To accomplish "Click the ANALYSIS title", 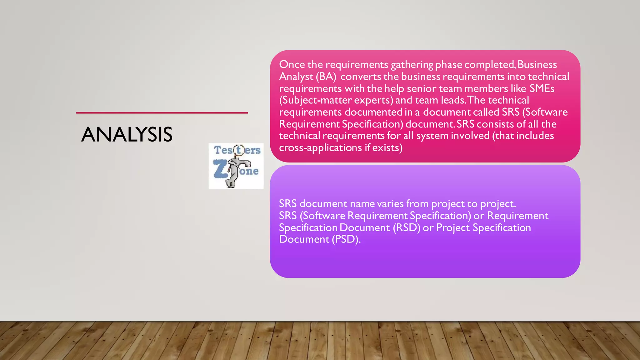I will click(127, 135).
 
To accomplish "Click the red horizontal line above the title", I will click(162, 112).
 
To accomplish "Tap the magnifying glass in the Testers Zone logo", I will click(239, 150).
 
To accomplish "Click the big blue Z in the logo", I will click(220, 169).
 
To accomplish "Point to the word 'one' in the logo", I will click(249, 171).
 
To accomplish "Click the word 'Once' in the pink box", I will click(292, 64).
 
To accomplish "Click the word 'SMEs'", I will click(542, 88).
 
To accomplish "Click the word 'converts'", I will click(361, 77).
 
